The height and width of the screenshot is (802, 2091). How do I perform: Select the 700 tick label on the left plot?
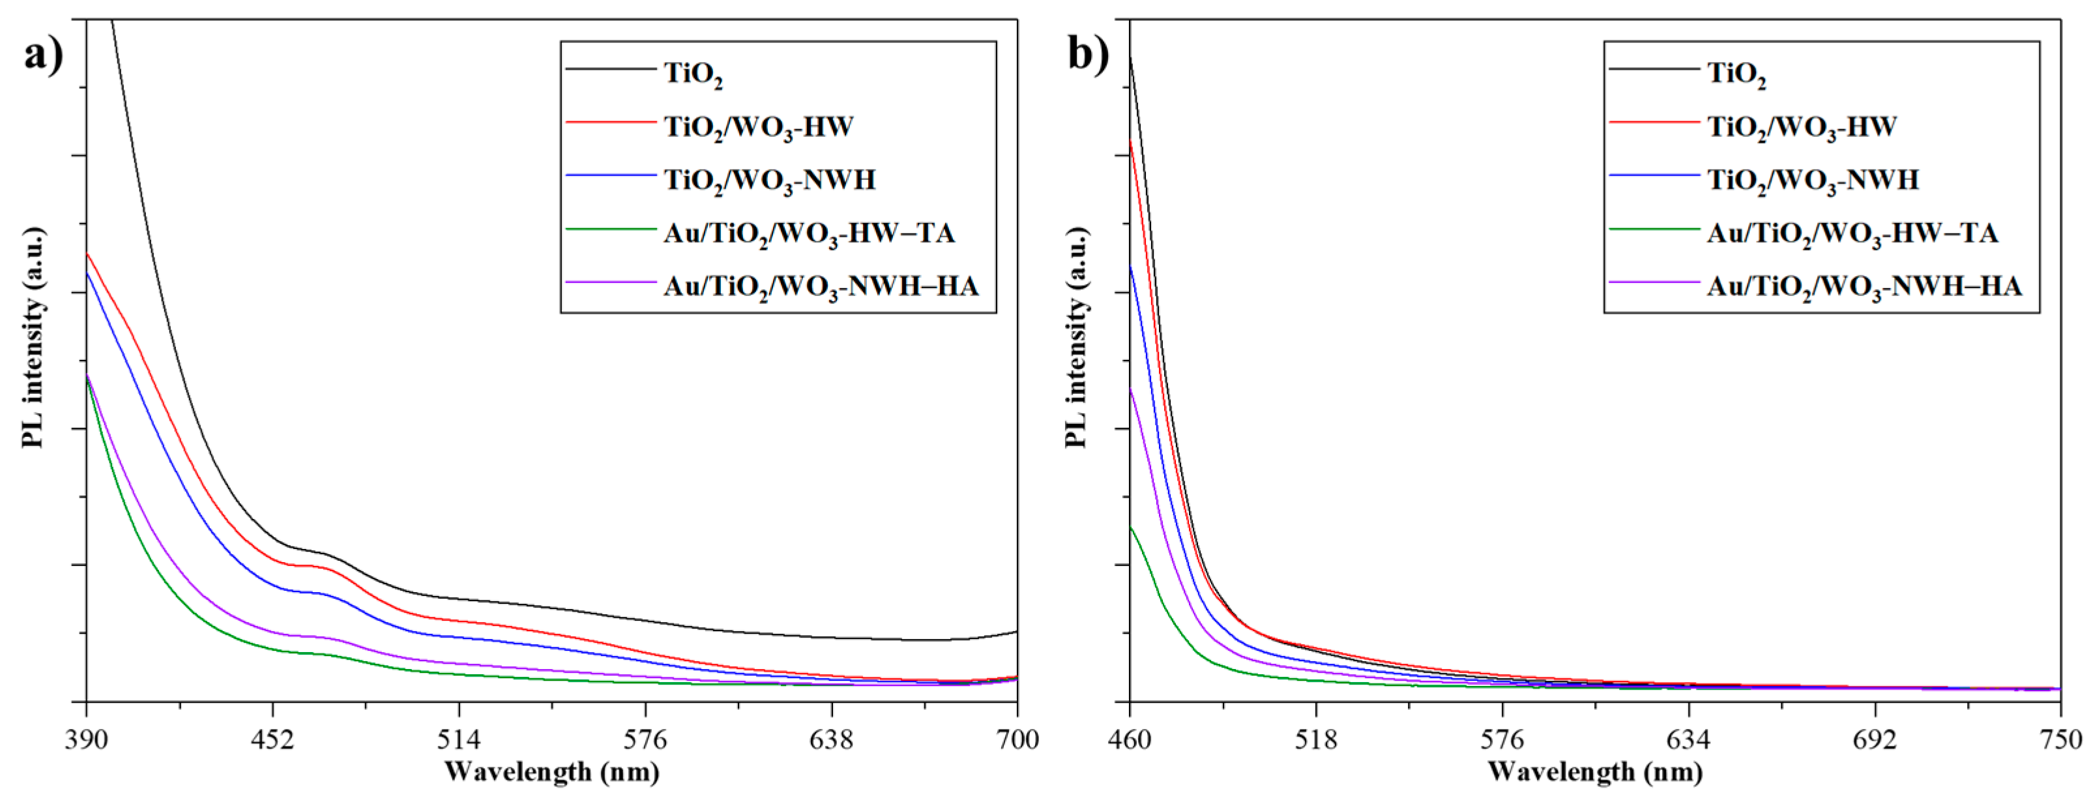tap(1017, 739)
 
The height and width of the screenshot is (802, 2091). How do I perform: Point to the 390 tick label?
tap(86, 739)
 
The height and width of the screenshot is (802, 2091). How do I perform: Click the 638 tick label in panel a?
tap(831, 739)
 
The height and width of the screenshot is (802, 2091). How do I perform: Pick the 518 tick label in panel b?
tap(1316, 739)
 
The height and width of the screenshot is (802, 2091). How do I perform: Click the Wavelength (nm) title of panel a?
tap(552, 772)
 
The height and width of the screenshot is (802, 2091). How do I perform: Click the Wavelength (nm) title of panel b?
tap(1595, 772)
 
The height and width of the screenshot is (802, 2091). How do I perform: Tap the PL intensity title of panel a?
tap(33, 337)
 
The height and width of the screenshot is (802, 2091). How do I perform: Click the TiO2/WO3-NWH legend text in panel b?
tap(1813, 180)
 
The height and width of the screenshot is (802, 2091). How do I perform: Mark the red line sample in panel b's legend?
tap(1654, 123)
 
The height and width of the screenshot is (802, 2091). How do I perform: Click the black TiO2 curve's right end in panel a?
tap(1015, 632)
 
